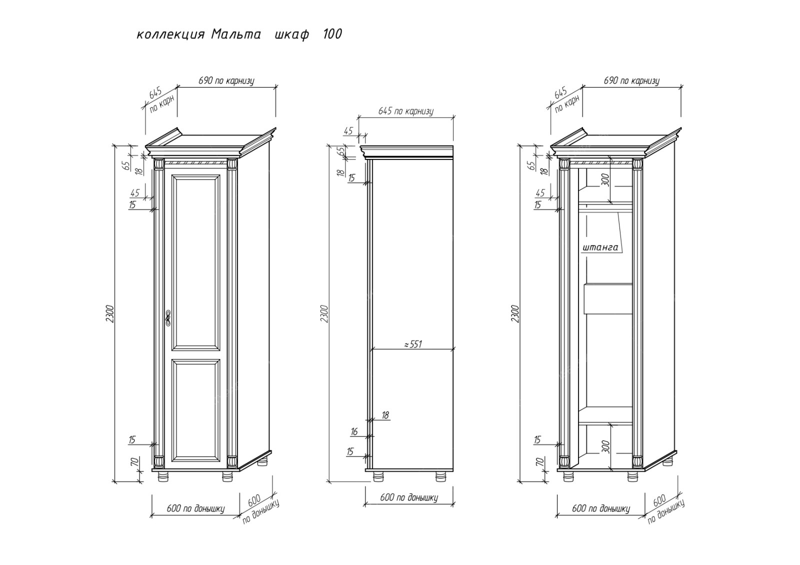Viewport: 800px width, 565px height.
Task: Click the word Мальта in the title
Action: (236, 34)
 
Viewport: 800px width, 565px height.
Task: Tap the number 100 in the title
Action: (332, 34)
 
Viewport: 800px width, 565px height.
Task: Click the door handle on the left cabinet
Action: (168, 317)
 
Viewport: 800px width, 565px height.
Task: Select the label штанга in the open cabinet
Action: (600, 247)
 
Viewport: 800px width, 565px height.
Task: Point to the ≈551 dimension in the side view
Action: (413, 344)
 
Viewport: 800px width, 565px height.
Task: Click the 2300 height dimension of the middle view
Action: (324, 313)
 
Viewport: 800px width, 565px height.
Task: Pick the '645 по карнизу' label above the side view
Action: (406, 111)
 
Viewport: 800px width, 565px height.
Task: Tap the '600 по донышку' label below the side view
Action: (409, 497)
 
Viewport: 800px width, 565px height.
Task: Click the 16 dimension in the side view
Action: (354, 431)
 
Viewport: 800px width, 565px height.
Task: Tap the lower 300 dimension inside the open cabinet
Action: (605, 446)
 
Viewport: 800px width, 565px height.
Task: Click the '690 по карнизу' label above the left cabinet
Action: (226, 80)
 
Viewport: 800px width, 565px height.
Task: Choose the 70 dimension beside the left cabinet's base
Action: (133, 462)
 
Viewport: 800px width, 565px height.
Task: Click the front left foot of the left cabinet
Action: (162, 477)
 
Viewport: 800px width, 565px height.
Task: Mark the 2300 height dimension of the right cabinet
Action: (515, 313)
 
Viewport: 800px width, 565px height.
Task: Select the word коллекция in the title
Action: (170, 34)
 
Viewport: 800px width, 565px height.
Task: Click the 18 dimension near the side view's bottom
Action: (385, 415)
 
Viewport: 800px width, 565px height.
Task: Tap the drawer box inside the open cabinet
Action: (608, 299)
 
